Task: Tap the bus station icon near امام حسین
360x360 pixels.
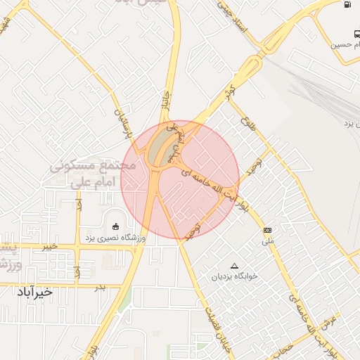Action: point(357,33)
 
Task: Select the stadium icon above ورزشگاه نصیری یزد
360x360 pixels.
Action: point(115,226)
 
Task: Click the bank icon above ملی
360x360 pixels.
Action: point(267,230)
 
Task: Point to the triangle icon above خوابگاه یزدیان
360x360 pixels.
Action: point(234,265)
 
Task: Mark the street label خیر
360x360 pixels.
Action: point(48,247)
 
